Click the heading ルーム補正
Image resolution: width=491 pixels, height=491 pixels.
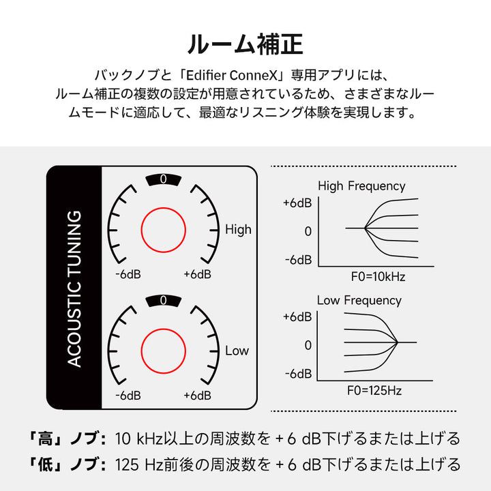click(x=245, y=44)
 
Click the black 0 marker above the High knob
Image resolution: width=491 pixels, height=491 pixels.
click(x=163, y=179)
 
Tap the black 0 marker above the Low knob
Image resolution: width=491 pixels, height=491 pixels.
click(x=163, y=300)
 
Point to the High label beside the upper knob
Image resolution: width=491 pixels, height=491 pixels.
click(x=238, y=230)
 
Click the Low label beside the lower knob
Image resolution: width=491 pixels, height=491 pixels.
click(x=237, y=351)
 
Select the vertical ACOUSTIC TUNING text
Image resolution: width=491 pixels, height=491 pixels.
click(x=74, y=288)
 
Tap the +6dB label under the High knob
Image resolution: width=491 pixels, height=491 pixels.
click(x=197, y=274)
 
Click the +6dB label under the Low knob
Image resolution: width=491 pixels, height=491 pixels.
click(x=197, y=396)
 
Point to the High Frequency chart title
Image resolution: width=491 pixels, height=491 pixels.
click(x=361, y=185)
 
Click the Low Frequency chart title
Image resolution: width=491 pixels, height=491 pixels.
click(x=359, y=300)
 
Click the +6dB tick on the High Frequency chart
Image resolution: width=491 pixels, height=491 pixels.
click(x=297, y=203)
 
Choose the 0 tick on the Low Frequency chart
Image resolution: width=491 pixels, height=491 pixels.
click(x=308, y=345)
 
